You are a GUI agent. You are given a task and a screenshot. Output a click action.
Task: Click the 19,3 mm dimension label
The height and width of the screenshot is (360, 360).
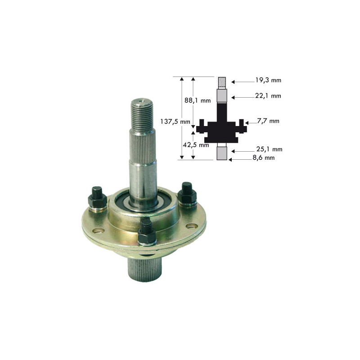pos(268,80)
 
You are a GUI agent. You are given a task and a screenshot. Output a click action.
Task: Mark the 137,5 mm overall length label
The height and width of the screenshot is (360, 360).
pos(170,121)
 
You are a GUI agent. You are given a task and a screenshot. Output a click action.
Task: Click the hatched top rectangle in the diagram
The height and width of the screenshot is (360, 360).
pos(222,82)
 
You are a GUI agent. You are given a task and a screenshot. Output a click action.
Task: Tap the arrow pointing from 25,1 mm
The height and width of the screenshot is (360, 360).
pos(246,150)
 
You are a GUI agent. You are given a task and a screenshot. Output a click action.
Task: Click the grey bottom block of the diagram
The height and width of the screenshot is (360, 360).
pos(222,153)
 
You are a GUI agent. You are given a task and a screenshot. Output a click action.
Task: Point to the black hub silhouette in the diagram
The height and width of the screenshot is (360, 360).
pos(222,128)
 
